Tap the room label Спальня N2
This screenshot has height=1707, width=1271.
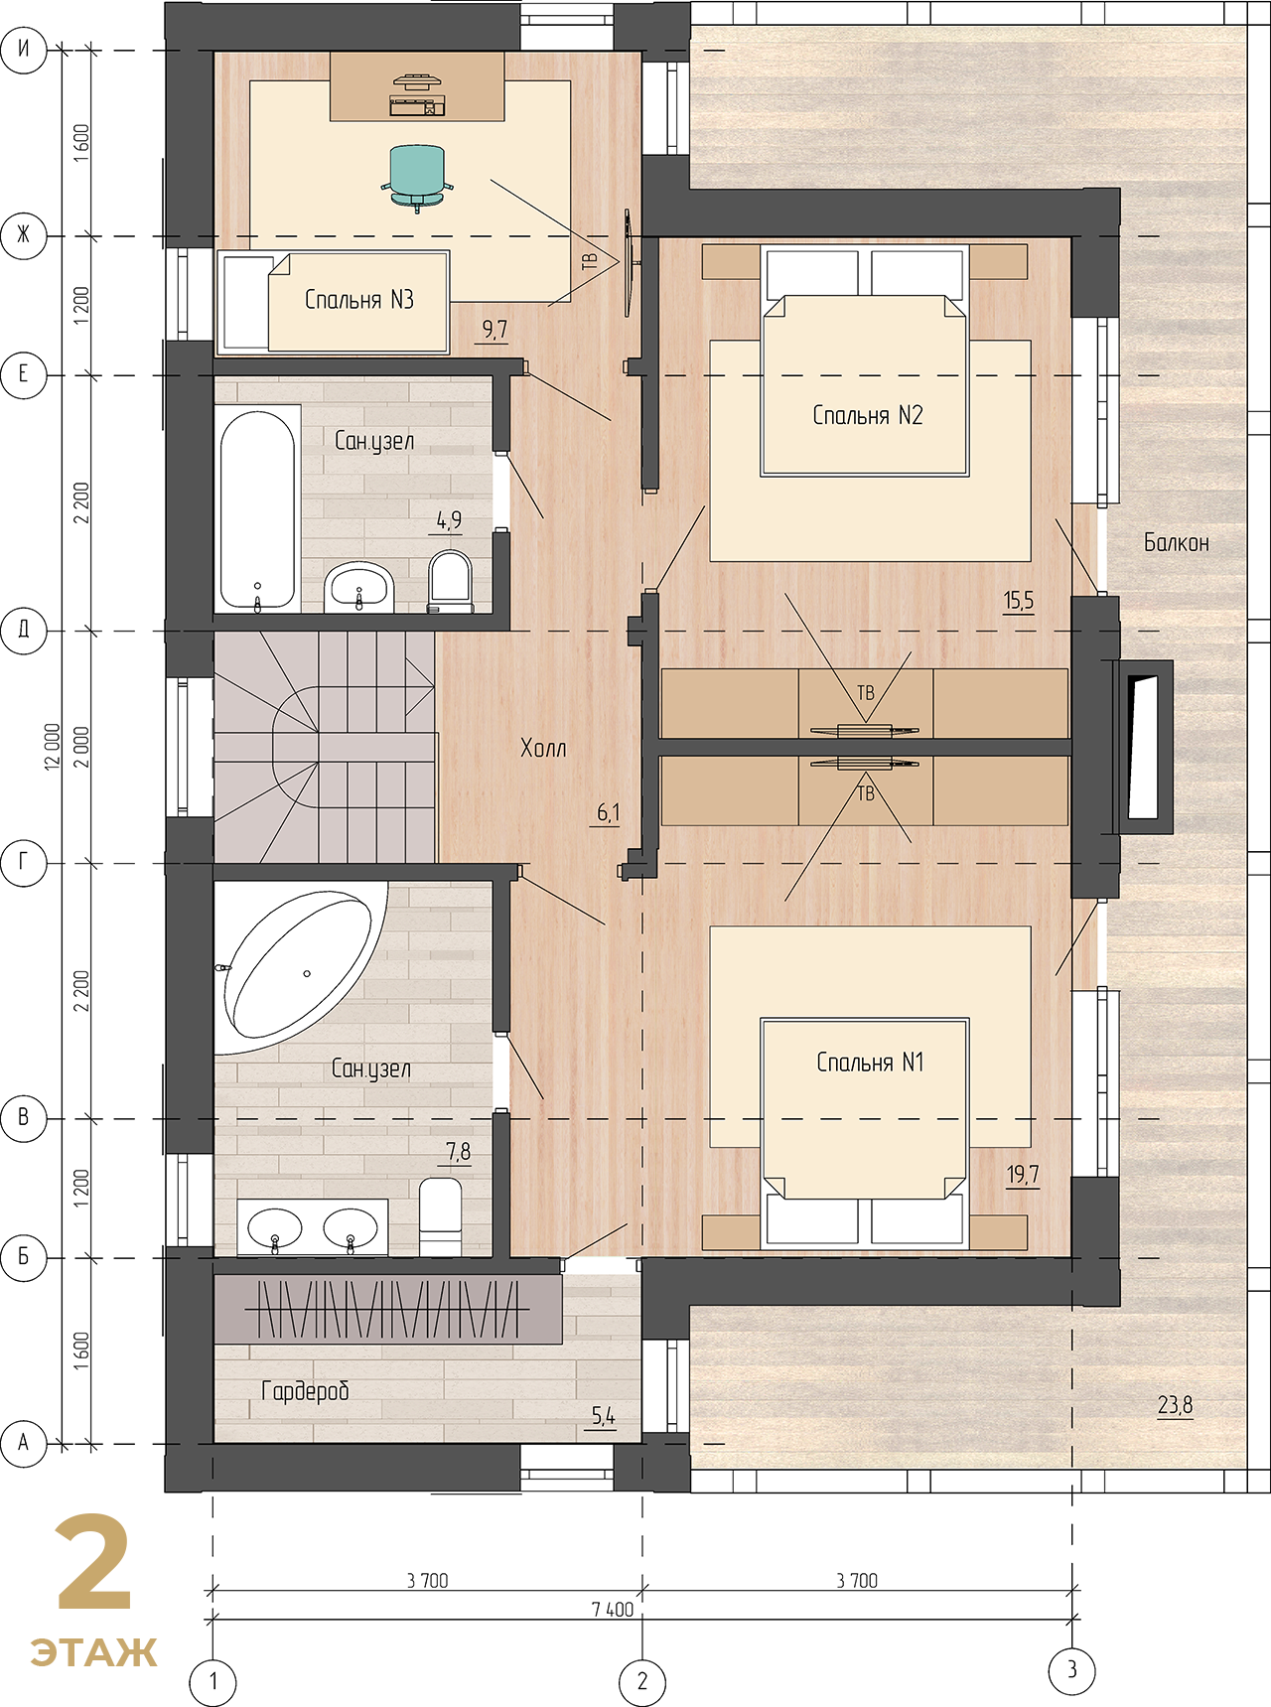click(x=868, y=415)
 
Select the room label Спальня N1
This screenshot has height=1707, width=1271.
click(x=870, y=1063)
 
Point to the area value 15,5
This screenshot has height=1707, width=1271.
click(x=1019, y=600)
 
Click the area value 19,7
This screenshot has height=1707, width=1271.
click(x=1023, y=1175)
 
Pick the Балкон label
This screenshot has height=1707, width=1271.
click(x=1177, y=542)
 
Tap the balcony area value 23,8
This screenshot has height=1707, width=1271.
click(x=1175, y=1405)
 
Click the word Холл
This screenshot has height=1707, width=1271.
click(x=543, y=748)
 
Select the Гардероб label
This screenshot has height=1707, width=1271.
click(x=305, y=1391)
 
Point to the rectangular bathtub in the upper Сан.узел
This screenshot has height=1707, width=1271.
click(x=258, y=509)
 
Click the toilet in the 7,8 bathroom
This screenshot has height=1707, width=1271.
click(x=441, y=1216)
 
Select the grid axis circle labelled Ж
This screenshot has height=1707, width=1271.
click(x=24, y=235)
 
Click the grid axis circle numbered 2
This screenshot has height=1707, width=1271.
click(x=642, y=1681)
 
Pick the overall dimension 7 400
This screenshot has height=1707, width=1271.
click(x=613, y=1610)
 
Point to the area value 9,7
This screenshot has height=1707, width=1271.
click(x=494, y=329)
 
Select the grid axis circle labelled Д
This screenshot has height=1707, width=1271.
click(x=24, y=630)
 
